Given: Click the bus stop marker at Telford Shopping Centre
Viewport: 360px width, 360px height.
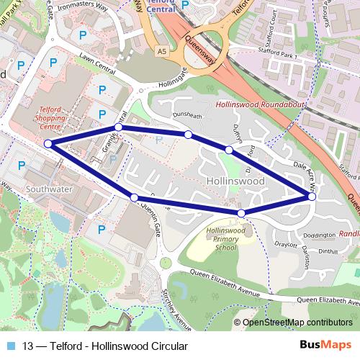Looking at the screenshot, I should tap(48, 144).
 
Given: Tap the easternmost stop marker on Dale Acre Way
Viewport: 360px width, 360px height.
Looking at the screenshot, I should tap(312, 196).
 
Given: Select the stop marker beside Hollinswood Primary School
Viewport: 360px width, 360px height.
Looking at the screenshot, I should tap(241, 213).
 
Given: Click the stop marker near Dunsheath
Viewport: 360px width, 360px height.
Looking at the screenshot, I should tap(188, 135).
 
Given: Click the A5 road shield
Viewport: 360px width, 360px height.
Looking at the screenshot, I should tap(163, 50).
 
